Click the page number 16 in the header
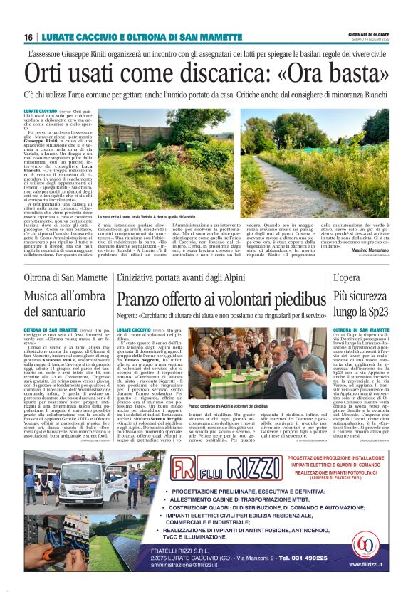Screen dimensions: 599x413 (28, 37)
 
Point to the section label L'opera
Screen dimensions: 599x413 (347, 277)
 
